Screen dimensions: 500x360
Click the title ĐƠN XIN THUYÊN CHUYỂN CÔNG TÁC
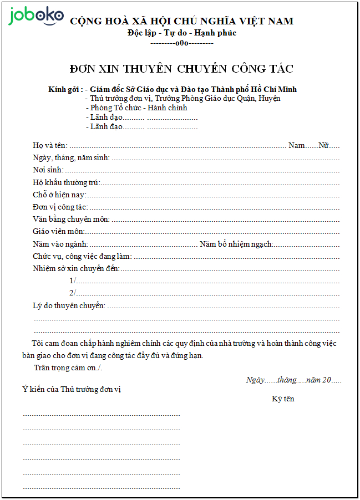(181, 69)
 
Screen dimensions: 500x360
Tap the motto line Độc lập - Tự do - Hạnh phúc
(181, 33)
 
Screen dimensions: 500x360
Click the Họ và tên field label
(50, 145)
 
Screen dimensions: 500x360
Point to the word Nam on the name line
(297, 145)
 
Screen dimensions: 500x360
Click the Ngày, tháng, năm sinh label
(71, 157)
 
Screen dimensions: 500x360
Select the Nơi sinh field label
(48, 170)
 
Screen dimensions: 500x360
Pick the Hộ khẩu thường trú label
(66, 182)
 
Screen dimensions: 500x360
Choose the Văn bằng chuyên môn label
(71, 219)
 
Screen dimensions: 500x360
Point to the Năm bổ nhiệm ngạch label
(236, 244)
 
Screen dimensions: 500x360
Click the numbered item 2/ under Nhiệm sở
(72, 293)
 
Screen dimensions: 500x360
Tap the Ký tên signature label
(283, 399)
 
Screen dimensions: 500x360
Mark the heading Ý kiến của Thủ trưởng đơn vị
(72, 389)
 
